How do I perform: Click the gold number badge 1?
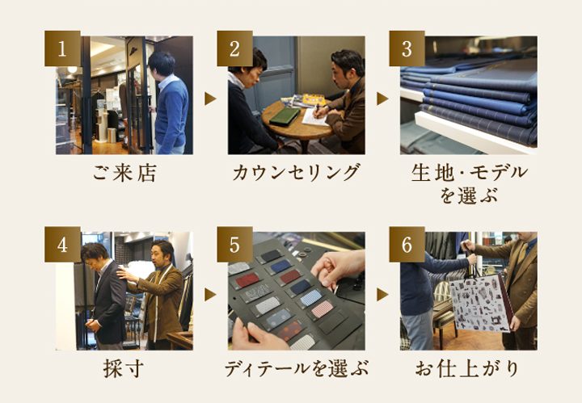tap(62, 48)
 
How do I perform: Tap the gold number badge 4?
tap(62, 245)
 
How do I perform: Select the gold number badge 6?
tap(407, 245)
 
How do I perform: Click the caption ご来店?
tap(124, 173)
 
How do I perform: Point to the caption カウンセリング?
tap(296, 173)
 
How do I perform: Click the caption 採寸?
tap(124, 369)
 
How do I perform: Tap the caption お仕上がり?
tap(468, 369)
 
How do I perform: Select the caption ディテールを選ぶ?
tap(296, 369)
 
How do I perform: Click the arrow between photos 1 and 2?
tap(210, 99)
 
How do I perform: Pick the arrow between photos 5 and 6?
tap(382, 295)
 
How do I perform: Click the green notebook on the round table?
tap(285, 116)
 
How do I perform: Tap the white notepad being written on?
tap(315, 117)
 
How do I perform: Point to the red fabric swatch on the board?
tap(247, 280)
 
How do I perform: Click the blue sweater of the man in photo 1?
tap(171, 113)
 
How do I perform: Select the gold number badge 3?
tap(407, 48)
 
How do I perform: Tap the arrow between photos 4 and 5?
tap(210, 295)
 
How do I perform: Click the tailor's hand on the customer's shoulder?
tap(124, 274)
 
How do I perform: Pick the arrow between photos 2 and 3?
tap(382, 99)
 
